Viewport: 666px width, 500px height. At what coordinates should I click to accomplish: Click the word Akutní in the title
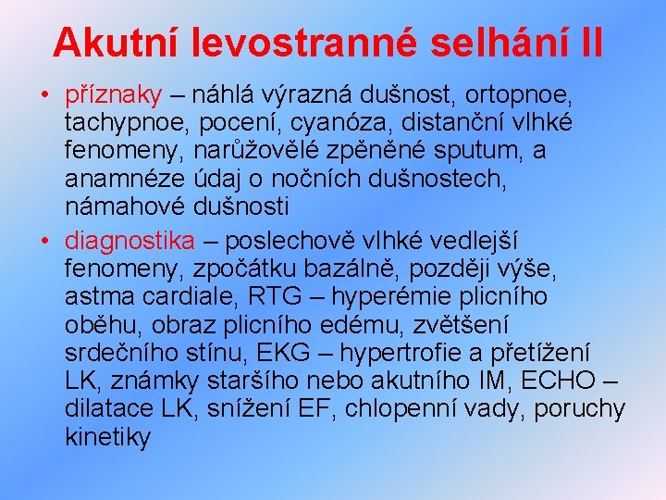[x=117, y=42]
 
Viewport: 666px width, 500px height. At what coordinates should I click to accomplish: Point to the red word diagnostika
[x=130, y=242]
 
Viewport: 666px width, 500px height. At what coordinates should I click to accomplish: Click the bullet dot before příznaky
[x=44, y=95]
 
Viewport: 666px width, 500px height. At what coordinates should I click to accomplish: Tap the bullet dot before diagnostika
[x=44, y=242]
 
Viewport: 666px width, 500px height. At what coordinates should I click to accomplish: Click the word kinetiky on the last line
[x=107, y=437]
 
